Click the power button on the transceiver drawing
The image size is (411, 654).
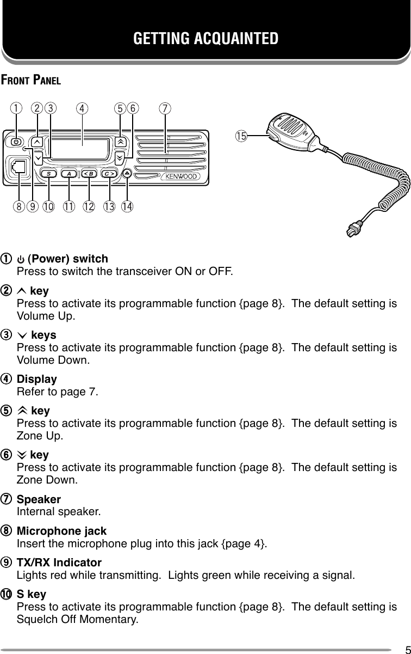coord(16,142)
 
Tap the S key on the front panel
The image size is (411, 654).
coord(49,174)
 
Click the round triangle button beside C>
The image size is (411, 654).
coord(127,174)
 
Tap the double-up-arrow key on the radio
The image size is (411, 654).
coord(120,141)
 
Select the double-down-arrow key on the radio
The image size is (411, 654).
coord(120,157)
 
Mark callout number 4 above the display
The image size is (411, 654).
coord(82,108)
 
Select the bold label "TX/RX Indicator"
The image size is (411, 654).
coord(59,563)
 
